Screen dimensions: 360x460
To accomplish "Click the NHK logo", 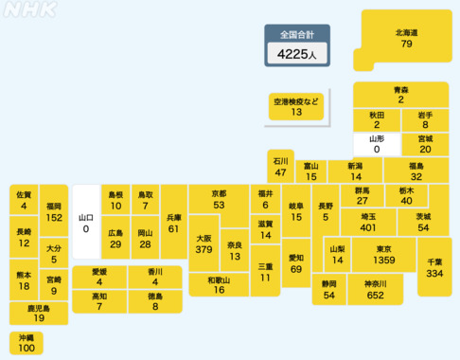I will point(30,11).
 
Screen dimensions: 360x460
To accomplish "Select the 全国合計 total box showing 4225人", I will point(297,46).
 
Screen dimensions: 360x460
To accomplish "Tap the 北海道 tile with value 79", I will point(407,39).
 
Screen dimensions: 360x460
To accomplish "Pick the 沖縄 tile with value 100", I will point(26,344).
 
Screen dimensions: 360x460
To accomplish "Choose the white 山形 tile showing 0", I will point(376,144).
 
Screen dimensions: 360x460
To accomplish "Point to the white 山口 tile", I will point(85,222).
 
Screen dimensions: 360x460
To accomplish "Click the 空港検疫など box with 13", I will point(297,106).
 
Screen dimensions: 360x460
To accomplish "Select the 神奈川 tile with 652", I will point(374,290).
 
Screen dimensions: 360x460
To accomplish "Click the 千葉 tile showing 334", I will point(434,266).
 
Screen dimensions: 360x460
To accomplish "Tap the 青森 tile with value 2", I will point(400,94).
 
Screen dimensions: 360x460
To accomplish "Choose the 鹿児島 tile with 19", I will point(39,314).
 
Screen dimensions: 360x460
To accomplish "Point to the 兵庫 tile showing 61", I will point(173,223).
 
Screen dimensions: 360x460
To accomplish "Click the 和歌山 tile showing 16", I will point(219,284).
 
